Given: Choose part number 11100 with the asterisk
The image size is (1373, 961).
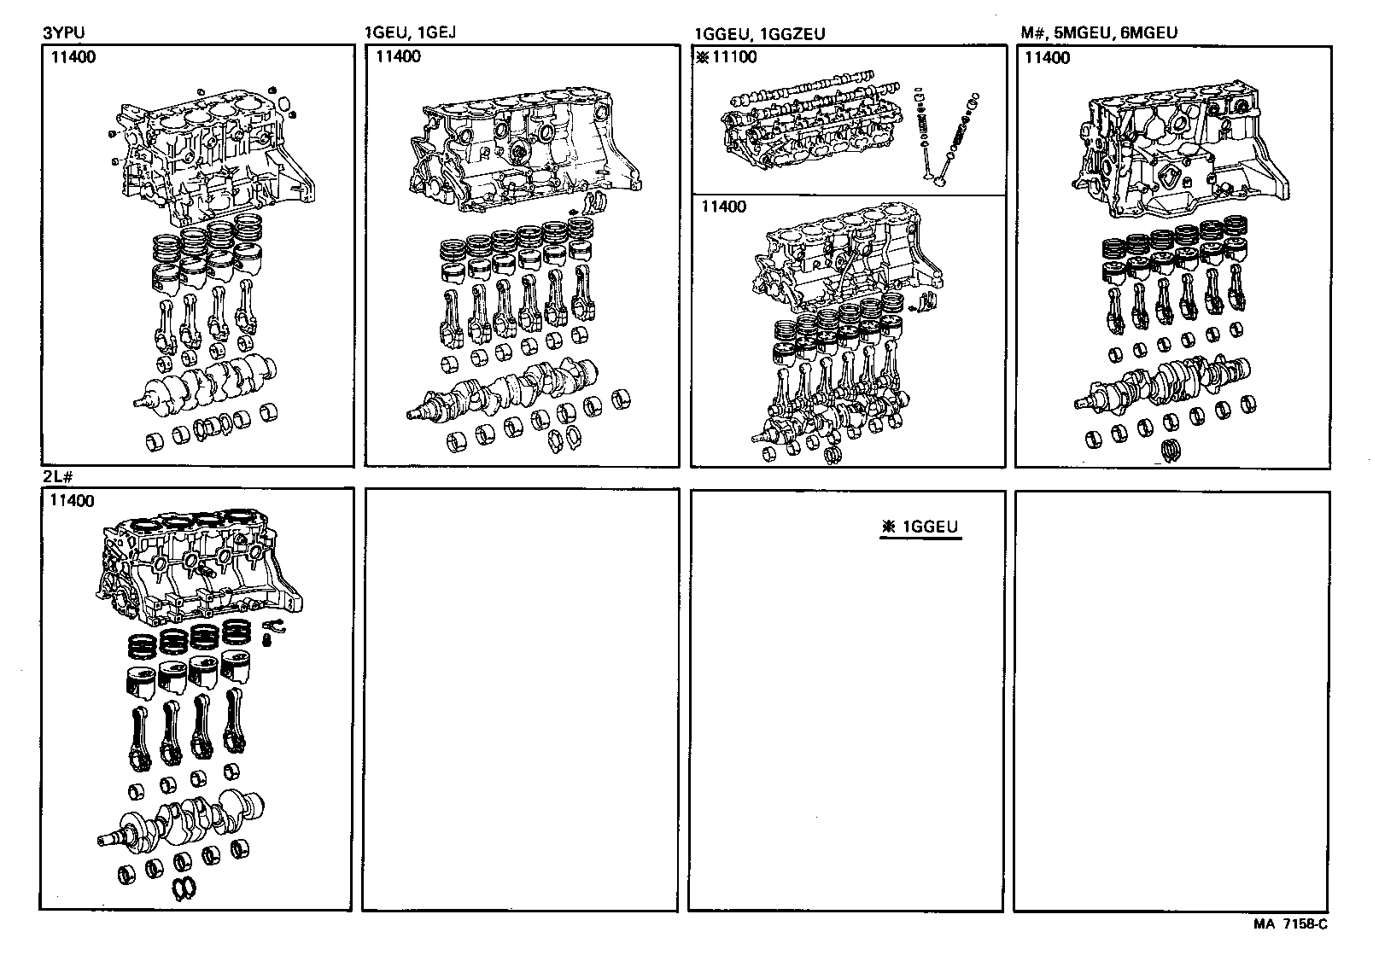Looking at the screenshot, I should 727,58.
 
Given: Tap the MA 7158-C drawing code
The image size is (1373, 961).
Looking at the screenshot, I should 1290,923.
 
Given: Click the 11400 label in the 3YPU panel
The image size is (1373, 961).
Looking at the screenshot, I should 73,58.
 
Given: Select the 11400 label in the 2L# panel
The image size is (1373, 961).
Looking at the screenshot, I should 73,501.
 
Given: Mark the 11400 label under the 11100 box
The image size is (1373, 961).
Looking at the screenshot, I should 723,207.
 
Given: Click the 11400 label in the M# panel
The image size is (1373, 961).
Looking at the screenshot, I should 1047,58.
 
